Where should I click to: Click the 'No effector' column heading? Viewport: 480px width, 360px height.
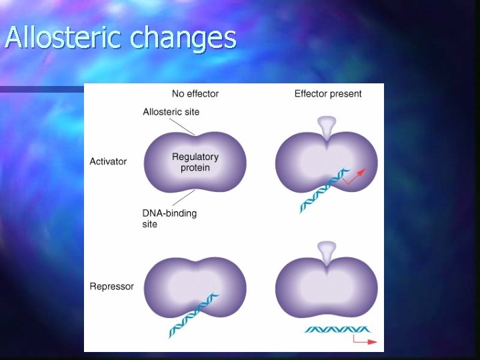[195, 93]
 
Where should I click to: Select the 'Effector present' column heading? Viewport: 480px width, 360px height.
[328, 93]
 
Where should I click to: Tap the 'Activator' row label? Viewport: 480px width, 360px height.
[108, 161]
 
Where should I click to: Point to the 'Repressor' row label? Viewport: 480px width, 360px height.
[111, 287]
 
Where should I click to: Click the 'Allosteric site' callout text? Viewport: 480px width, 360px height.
[171, 111]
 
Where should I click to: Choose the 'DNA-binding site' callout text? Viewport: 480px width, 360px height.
[169, 219]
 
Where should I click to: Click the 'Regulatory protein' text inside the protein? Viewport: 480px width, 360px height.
[195, 162]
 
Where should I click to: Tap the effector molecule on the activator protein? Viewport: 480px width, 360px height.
[326, 127]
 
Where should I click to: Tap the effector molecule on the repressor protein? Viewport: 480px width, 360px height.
[326, 252]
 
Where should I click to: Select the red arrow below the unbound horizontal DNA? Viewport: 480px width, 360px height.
[364, 340]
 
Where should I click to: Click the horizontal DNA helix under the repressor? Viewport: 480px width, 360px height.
[337, 329]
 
